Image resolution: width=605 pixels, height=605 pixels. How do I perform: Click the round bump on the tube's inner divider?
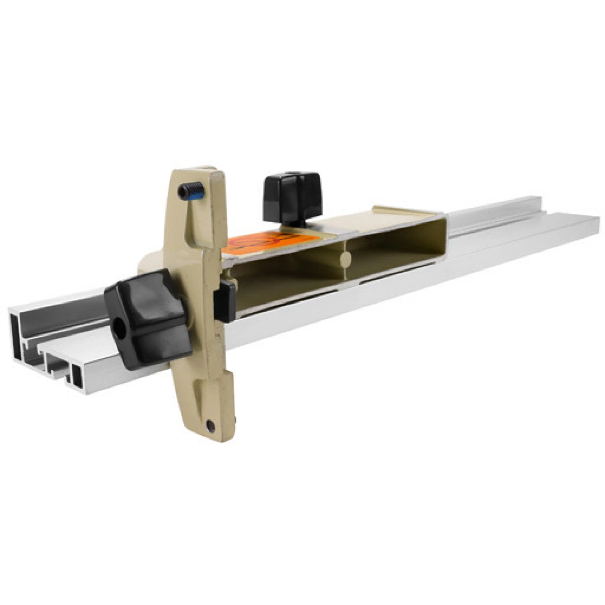coord(344,259)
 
